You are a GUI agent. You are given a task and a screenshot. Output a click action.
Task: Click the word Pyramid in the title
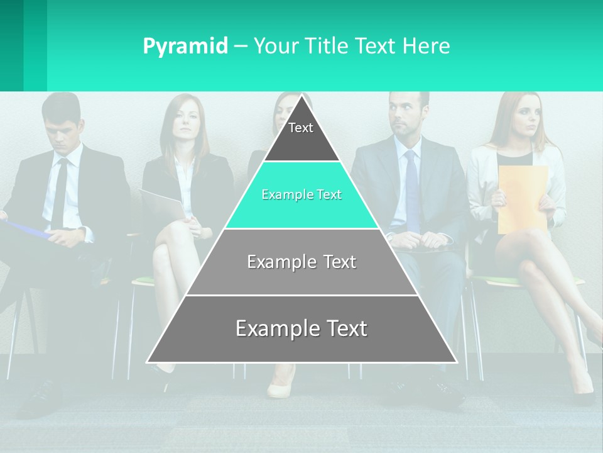point(185,47)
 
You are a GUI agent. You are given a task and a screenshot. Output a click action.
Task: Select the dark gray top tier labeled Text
point(301,135)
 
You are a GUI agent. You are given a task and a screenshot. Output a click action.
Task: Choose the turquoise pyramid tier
point(301,196)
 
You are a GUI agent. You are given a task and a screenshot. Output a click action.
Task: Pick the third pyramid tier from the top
point(301,262)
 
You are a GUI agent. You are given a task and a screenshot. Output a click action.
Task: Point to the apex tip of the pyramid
point(302,96)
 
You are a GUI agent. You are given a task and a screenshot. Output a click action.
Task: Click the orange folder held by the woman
point(521,198)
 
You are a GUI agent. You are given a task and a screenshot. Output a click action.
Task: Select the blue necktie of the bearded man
point(411,189)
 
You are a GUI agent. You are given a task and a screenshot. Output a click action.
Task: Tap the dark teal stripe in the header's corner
point(11,45)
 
